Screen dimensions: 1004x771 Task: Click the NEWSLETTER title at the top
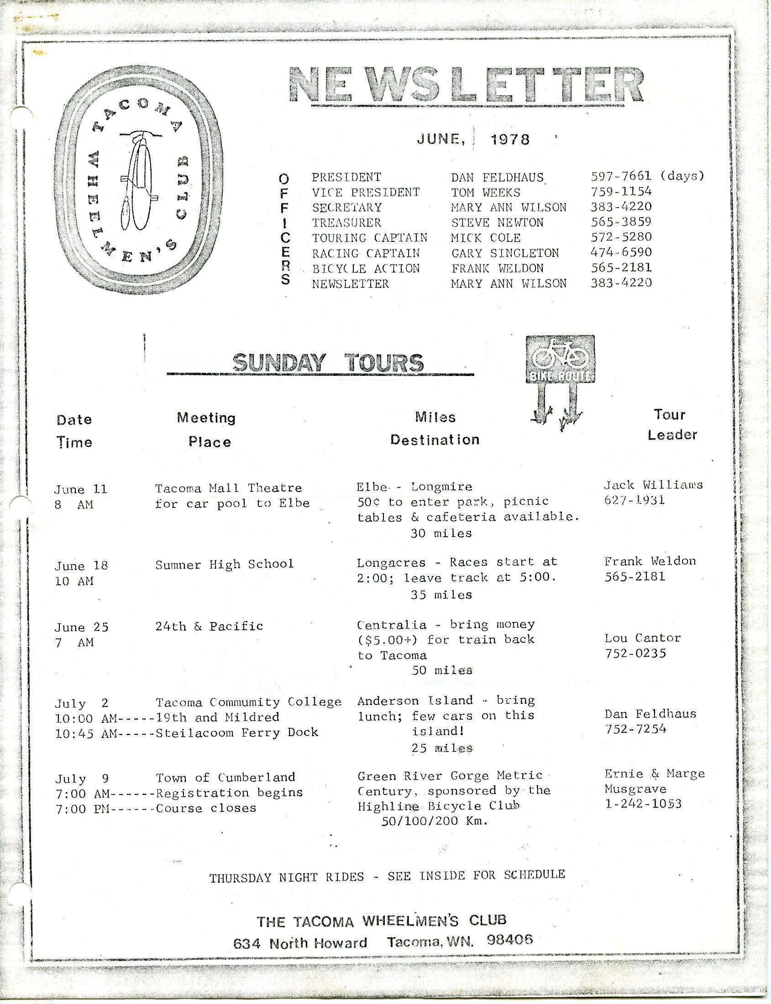coord(466,85)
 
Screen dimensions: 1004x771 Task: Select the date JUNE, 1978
coord(473,139)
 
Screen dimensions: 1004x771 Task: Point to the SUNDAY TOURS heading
coord(328,363)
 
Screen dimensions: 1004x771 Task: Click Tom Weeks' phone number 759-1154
coord(621,192)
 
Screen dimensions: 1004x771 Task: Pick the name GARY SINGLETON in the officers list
coord(505,253)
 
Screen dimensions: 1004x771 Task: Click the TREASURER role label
coord(346,223)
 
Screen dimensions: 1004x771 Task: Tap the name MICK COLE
coord(486,238)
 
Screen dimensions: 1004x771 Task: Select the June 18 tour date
coord(81,566)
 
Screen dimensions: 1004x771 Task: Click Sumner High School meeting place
coord(225,564)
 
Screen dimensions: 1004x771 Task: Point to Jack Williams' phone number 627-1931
coord(634,500)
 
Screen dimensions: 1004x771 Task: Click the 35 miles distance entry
coord(441,595)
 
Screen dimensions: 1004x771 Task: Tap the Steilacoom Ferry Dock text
coord(237,732)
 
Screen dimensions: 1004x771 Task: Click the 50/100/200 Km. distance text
coord(434,821)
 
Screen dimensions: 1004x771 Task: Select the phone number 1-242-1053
coord(643,804)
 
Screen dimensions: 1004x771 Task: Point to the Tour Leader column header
coord(672,425)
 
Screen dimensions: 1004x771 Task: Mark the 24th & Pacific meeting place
coord(209,626)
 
